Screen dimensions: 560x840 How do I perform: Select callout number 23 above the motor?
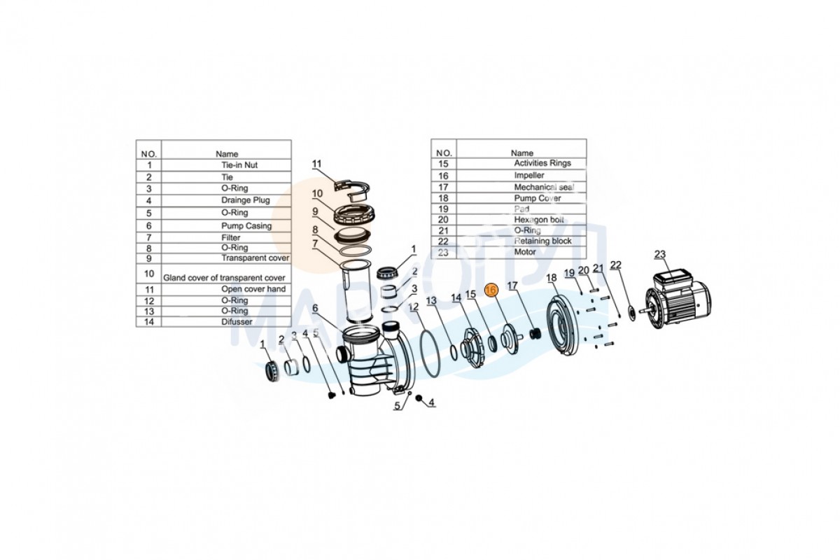(660, 254)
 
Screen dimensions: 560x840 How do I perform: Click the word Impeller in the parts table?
(529, 175)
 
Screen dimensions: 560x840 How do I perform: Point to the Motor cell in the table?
(524, 252)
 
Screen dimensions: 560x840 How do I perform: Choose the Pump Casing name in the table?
(246, 226)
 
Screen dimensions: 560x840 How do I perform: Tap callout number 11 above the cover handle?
(316, 164)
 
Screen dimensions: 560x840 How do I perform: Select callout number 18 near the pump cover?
(552, 278)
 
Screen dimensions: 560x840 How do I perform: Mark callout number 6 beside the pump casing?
(315, 308)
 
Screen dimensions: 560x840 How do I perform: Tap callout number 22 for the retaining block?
(615, 265)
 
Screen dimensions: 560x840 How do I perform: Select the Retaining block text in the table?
(542, 241)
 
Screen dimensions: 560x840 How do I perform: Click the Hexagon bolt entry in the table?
(539, 220)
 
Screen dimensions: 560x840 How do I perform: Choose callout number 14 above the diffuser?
(456, 297)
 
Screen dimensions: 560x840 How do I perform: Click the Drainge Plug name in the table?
(246, 200)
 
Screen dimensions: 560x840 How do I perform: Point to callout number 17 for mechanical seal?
(512, 286)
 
